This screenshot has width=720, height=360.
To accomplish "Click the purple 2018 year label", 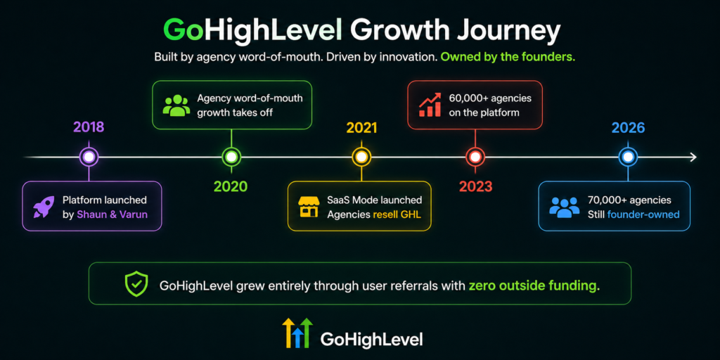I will coord(89,127).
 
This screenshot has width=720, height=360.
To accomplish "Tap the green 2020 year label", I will coord(231,186).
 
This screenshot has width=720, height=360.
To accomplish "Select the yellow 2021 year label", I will coord(361,128).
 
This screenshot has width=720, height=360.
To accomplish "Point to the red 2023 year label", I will coord(475,187).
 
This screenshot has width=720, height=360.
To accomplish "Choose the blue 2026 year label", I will coord(628,128).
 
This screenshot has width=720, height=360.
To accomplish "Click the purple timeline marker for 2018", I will coord(89,157).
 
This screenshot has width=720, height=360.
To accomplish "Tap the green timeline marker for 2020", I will coord(231,157).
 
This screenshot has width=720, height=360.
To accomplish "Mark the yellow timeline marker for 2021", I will coord(361,157).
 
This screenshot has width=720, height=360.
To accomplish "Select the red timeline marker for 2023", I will coord(475,157).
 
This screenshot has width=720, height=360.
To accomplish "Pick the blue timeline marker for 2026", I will coord(628,157).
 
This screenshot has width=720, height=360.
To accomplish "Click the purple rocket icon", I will coord(44,207).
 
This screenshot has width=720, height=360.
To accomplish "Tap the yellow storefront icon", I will coord(309,207).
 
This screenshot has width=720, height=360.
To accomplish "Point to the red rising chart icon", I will coord(430,105).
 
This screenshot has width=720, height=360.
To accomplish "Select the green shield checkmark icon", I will coord(136,284).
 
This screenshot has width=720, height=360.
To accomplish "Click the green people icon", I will coord(176,105).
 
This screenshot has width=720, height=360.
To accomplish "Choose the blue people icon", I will coord(564,207).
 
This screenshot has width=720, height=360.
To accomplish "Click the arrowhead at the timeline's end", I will coord(693,157).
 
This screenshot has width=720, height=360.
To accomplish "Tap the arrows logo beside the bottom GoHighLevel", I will coord(297,333).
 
